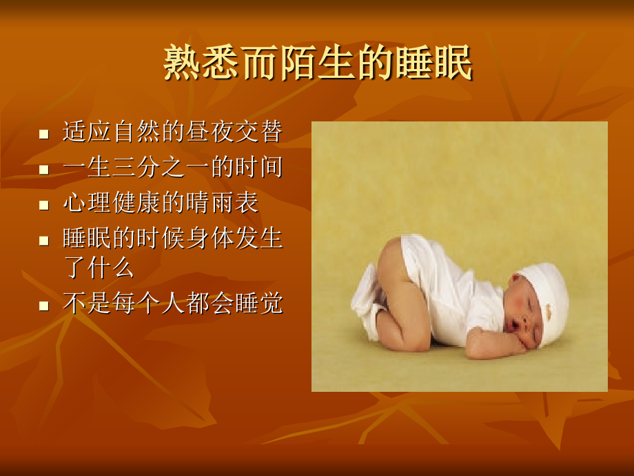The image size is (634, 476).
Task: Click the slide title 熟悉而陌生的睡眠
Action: (x=318, y=64)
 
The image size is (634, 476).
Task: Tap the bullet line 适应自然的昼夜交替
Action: (x=172, y=132)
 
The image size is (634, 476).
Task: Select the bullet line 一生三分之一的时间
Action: (x=172, y=168)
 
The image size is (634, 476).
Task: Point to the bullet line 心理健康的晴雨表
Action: (x=161, y=203)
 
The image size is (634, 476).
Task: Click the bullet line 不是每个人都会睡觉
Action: (x=172, y=304)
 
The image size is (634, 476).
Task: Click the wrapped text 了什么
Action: (x=99, y=268)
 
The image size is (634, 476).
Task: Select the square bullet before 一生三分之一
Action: (x=44, y=170)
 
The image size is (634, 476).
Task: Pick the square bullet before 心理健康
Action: (x=44, y=205)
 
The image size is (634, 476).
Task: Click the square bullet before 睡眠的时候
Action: (x=44, y=241)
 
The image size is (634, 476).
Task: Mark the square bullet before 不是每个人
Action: (x=44, y=306)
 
